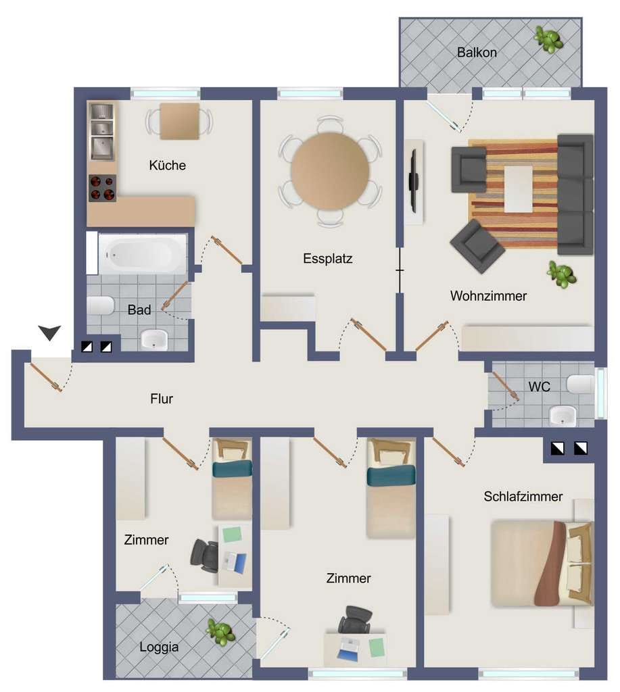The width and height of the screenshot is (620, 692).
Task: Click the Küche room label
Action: pos(168,165)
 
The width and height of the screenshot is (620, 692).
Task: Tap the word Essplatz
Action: pos(328,258)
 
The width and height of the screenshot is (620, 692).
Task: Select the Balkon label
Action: pos(477,53)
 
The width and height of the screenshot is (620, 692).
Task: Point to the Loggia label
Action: pos(159,647)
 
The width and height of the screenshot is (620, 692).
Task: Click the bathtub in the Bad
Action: pos(142,254)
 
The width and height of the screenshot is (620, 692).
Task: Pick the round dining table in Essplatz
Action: pos(330,171)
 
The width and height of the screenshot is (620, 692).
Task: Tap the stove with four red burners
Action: pos(103,188)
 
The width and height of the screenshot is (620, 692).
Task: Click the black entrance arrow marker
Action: pos(49,332)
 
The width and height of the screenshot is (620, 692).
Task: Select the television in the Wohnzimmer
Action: pos(413,180)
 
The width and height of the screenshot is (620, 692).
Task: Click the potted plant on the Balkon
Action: pos(548,39)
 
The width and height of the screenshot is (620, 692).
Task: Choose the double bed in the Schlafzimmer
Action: pos(542,564)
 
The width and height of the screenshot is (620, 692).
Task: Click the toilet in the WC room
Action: pos(580,385)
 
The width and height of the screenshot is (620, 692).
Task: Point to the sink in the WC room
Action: pos(563,416)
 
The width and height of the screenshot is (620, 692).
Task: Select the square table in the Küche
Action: pos(179,121)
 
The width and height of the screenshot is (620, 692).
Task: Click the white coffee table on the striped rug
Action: pos(519,189)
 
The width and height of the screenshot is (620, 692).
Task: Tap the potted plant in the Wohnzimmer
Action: pos(561,274)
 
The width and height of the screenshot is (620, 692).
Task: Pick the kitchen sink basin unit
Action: pos(103,132)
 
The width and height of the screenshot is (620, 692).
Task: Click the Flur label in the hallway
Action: pos(162,399)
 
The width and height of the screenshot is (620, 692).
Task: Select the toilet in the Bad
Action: pos(101,305)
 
